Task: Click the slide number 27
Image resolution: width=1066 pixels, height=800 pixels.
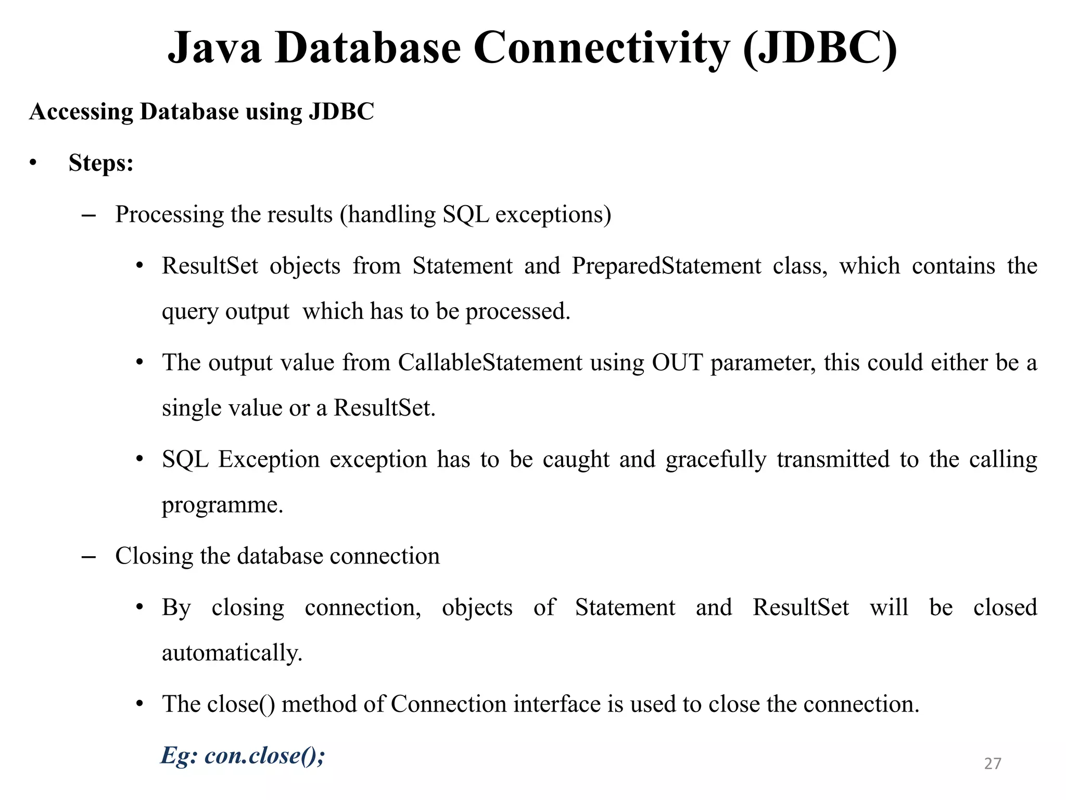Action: [x=992, y=763]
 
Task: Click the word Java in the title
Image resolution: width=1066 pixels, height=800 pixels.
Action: [x=214, y=48]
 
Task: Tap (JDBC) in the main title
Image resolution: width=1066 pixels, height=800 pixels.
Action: [x=820, y=48]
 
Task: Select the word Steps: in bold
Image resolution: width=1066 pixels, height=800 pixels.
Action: [x=101, y=163]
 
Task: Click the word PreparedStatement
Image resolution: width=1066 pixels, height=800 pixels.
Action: [x=666, y=266]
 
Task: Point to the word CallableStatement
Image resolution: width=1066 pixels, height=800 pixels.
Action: [x=490, y=362]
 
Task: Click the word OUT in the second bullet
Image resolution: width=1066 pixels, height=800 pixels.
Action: [x=677, y=362]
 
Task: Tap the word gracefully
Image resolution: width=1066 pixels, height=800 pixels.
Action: [x=716, y=460]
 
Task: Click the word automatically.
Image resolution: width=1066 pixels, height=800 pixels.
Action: [x=232, y=653]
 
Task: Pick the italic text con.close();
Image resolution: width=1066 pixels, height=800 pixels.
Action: [x=265, y=756]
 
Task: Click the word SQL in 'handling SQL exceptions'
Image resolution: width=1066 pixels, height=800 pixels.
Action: [x=465, y=215]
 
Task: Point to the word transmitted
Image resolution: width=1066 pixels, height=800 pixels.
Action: [x=833, y=460]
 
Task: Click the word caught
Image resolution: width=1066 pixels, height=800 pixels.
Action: [x=576, y=460]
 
